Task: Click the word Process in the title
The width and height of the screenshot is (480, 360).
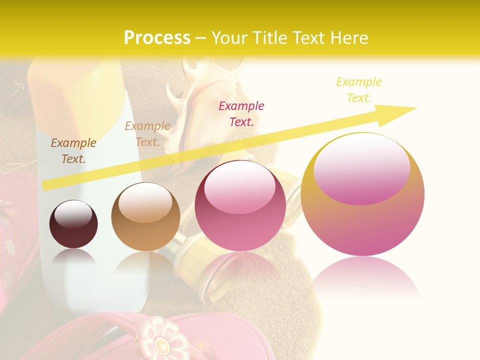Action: (157, 38)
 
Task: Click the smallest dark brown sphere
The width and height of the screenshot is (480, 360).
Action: (73, 224)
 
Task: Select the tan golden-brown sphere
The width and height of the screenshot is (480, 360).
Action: (145, 216)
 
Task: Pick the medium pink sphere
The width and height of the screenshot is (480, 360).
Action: (240, 205)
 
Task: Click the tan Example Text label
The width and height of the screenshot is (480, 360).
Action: (147, 134)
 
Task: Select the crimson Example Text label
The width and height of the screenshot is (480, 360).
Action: (241, 113)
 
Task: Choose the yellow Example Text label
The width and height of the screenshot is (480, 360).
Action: (358, 89)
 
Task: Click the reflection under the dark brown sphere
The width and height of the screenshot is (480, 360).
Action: (73, 257)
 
